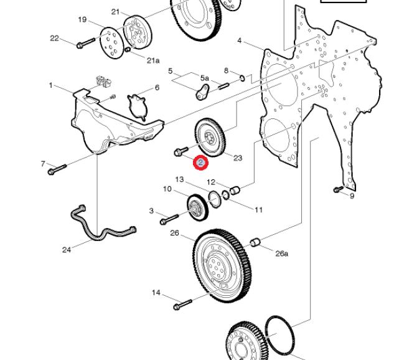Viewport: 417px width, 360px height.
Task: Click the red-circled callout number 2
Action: point(200,163)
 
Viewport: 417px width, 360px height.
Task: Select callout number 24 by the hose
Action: point(67,250)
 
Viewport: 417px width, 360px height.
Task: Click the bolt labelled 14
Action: point(183,305)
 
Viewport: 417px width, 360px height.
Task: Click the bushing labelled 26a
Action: point(255,242)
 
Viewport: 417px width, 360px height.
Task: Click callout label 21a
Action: point(153,60)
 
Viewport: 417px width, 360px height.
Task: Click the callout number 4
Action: point(240,41)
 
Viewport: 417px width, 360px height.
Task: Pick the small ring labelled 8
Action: point(242,78)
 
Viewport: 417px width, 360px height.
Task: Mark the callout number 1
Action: point(51,85)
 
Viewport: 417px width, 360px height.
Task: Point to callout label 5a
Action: point(205,78)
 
